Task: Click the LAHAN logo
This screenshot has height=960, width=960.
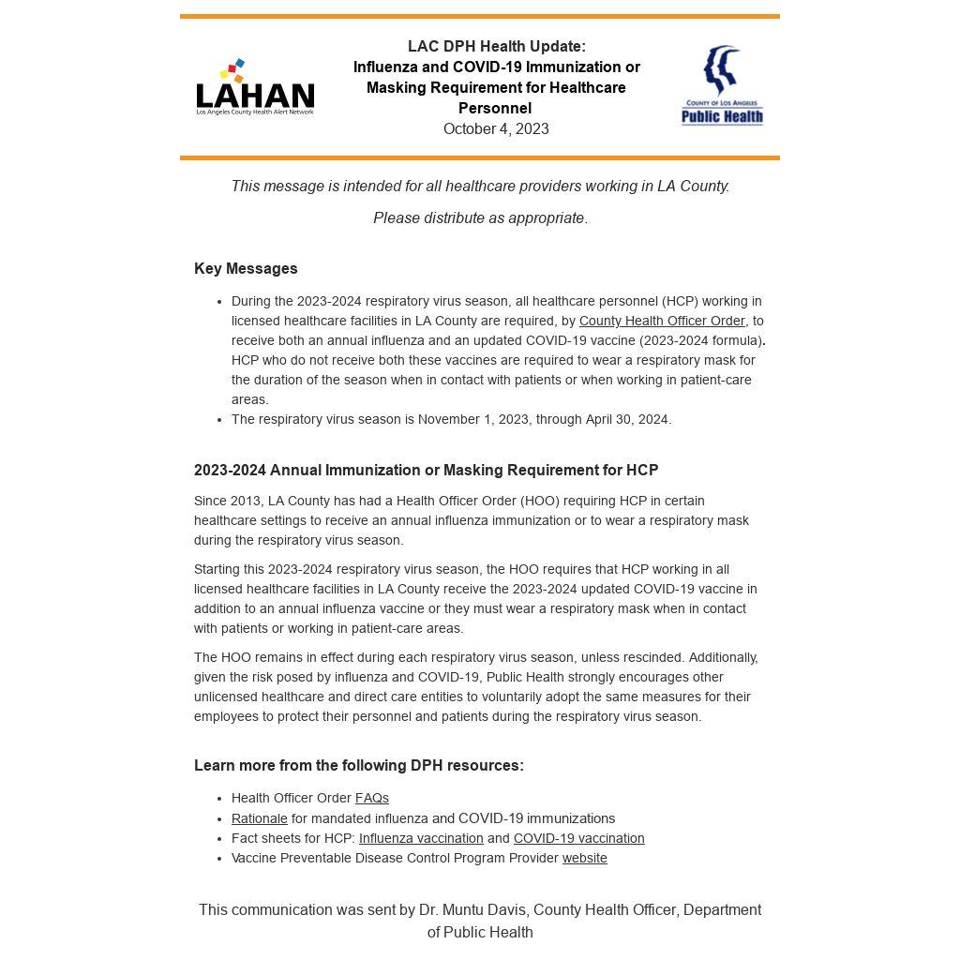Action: pyautogui.click(x=255, y=88)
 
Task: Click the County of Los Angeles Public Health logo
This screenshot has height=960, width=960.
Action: pyautogui.click(x=722, y=85)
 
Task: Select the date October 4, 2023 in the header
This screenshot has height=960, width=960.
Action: pyautogui.click(x=496, y=129)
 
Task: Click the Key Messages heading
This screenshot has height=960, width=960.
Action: pyautogui.click(x=246, y=269)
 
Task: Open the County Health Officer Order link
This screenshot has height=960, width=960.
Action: pyautogui.click(x=662, y=321)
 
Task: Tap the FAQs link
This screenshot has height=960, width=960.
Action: pyautogui.click(x=372, y=799)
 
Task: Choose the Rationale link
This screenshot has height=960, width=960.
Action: pyautogui.click(x=260, y=818)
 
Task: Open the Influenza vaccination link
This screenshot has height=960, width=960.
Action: pyautogui.click(x=421, y=838)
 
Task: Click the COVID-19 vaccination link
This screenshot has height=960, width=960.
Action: pyautogui.click(x=578, y=838)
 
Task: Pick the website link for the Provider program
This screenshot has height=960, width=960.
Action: pyautogui.click(x=585, y=858)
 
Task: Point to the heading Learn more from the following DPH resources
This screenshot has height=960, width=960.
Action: pyautogui.click(x=359, y=766)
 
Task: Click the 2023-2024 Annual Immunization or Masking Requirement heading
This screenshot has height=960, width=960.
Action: pyautogui.click(x=426, y=471)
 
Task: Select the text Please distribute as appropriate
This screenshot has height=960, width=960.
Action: pyautogui.click(x=480, y=218)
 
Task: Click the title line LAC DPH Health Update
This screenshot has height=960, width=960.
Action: pyautogui.click(x=496, y=47)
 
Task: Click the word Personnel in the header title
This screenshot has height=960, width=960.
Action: pyautogui.click(x=495, y=109)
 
